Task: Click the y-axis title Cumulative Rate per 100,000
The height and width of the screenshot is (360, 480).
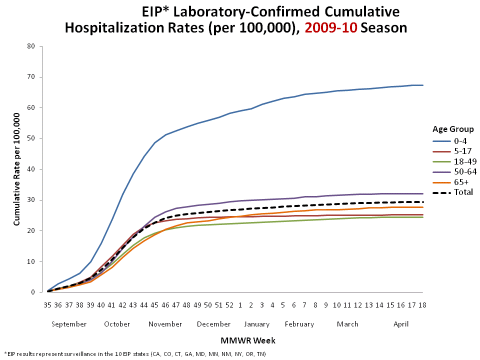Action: pos(16,169)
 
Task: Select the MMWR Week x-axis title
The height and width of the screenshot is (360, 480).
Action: pos(247,341)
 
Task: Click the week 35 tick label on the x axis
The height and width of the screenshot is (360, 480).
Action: pos(47,304)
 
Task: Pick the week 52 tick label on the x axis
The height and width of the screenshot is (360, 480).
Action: pos(229,304)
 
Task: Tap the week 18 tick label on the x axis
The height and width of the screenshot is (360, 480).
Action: pos(422,304)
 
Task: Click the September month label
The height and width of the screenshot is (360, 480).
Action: pos(69,324)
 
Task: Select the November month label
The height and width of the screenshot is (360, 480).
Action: pos(165,324)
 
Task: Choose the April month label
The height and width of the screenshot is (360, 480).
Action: pos(401,324)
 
